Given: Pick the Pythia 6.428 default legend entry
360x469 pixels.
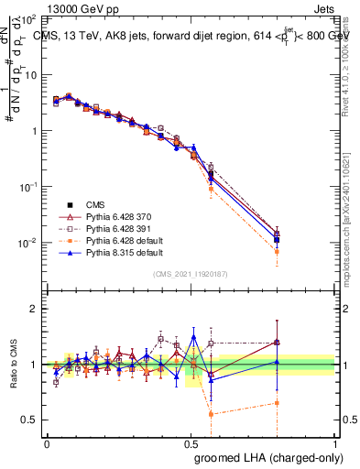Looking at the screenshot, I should pyautogui.click(x=125, y=239).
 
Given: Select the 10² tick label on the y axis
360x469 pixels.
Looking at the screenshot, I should pyautogui.click(x=27, y=18).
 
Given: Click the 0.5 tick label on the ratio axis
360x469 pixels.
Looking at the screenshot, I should pyautogui.click(x=30, y=420).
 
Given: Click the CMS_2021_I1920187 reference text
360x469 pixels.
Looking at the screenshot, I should pyautogui.click(x=191, y=273).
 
